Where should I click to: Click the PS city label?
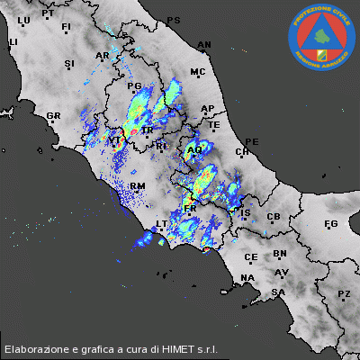174,20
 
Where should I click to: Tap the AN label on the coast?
204,44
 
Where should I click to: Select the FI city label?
66,27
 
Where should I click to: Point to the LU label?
23,20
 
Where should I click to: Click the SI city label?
69,63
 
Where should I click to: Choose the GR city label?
53,116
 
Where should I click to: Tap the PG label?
136,86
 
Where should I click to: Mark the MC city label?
198,72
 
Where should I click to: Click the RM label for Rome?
138,185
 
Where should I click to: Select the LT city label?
163,223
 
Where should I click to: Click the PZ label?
343,294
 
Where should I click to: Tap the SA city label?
278,292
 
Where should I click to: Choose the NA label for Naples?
247,277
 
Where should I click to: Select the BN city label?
280,255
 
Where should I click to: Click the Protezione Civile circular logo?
319,39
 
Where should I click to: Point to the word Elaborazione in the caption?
39,348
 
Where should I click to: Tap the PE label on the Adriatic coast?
252,142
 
